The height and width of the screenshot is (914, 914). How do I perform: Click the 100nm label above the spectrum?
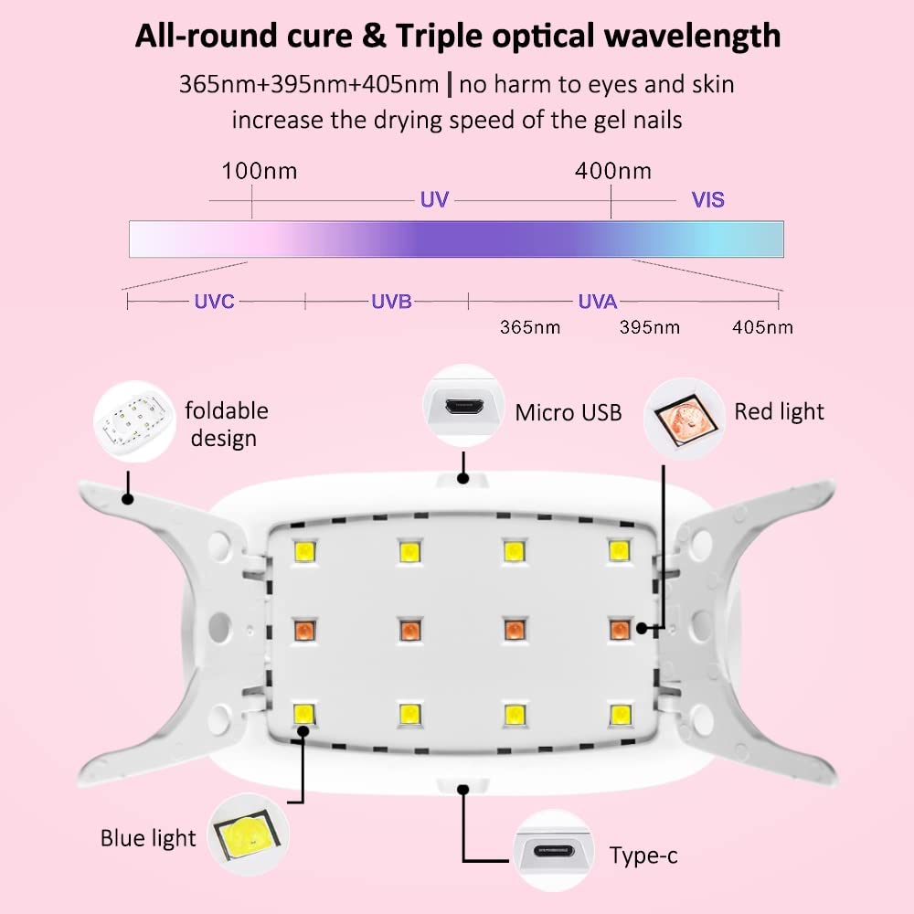(260, 171)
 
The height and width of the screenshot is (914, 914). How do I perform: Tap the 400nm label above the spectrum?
(613, 171)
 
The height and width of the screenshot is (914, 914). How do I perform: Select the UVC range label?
(214, 301)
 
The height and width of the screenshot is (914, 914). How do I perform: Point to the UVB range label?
(391, 301)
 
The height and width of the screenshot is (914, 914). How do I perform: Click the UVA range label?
(598, 301)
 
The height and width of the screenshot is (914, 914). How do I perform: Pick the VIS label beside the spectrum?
(707, 199)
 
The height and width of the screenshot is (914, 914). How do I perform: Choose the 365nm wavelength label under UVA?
(530, 327)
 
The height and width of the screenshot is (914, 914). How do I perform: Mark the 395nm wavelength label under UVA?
(650, 327)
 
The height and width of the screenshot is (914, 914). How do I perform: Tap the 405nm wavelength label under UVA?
(762, 327)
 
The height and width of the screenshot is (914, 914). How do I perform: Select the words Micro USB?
(569, 412)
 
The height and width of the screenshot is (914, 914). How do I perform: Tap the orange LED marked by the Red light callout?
(620, 629)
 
